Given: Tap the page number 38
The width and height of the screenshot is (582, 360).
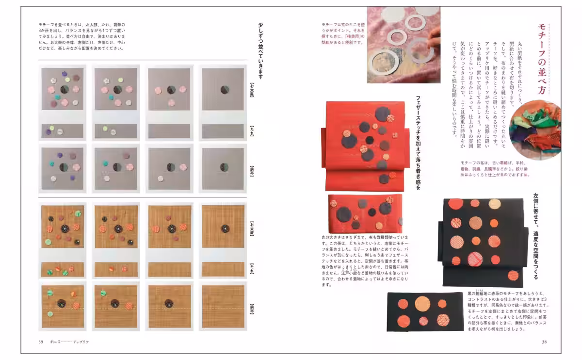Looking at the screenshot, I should (544, 342).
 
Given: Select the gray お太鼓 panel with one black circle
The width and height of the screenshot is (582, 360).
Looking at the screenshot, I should (222, 90).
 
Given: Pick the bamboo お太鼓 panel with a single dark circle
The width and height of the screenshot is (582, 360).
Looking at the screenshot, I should (223, 227).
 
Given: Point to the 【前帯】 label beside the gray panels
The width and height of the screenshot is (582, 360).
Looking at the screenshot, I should (252, 169).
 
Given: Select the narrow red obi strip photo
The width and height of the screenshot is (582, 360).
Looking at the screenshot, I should (365, 213).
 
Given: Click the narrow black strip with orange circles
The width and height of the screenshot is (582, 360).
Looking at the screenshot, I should (425, 311).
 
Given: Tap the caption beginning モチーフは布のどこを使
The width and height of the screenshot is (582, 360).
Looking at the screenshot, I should (342, 33).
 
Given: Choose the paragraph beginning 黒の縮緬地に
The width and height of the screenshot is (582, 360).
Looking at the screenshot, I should (508, 311).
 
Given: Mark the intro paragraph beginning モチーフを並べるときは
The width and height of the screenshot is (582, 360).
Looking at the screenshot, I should (81, 36).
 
